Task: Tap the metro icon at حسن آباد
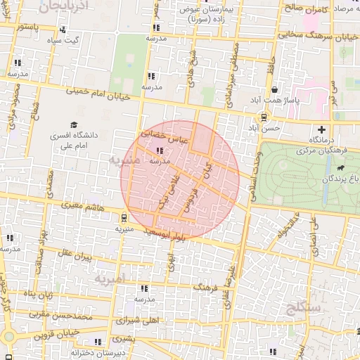click(263, 117)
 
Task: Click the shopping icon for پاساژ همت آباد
click(274, 90)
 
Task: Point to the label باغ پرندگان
click(340, 179)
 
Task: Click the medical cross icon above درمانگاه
click(322, 129)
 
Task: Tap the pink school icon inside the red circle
click(160, 150)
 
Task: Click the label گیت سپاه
click(63, 40)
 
